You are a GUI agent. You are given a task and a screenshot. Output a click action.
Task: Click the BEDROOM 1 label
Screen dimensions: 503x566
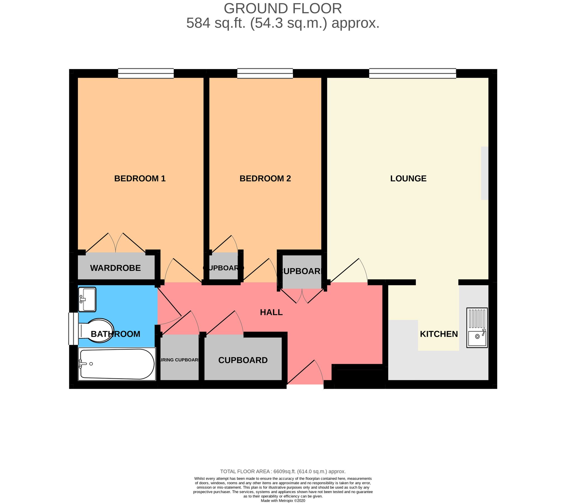(140, 178)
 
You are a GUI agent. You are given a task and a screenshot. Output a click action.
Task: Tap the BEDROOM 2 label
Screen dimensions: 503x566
(265, 178)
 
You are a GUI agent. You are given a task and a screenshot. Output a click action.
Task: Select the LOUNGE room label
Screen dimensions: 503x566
(408, 178)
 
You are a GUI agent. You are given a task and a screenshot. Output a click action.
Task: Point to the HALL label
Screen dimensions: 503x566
(271, 312)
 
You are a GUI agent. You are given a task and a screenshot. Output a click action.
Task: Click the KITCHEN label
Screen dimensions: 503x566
(439, 334)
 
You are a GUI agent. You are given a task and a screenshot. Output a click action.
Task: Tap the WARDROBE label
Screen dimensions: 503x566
(115, 268)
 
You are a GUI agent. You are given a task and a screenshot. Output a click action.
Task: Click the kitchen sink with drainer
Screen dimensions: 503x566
(477, 328)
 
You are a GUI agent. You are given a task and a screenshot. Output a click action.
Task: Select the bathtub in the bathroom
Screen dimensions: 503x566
(117, 364)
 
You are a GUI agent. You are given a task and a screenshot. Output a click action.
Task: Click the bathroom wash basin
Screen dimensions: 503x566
(87, 299)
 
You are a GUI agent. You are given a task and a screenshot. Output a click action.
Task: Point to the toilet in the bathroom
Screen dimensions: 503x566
(96, 331)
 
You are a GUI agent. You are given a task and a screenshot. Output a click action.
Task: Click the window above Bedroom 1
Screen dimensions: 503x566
(145, 73)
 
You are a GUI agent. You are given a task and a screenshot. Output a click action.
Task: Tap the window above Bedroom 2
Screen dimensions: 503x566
(265, 73)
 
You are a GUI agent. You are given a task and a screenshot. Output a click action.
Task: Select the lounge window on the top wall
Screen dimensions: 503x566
(412, 73)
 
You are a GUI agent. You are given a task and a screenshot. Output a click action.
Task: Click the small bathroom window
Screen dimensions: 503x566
(73, 328)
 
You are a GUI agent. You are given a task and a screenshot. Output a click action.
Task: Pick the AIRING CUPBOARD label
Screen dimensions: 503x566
(179, 360)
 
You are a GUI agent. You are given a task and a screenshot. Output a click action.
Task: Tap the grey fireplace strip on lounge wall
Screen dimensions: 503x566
(484, 173)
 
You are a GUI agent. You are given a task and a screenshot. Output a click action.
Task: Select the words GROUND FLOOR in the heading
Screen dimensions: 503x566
(283, 8)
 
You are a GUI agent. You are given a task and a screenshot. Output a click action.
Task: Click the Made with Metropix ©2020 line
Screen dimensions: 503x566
(283, 500)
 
